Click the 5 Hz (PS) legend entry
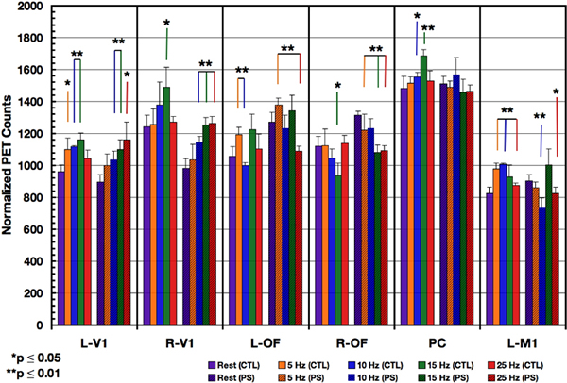(312, 375)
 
